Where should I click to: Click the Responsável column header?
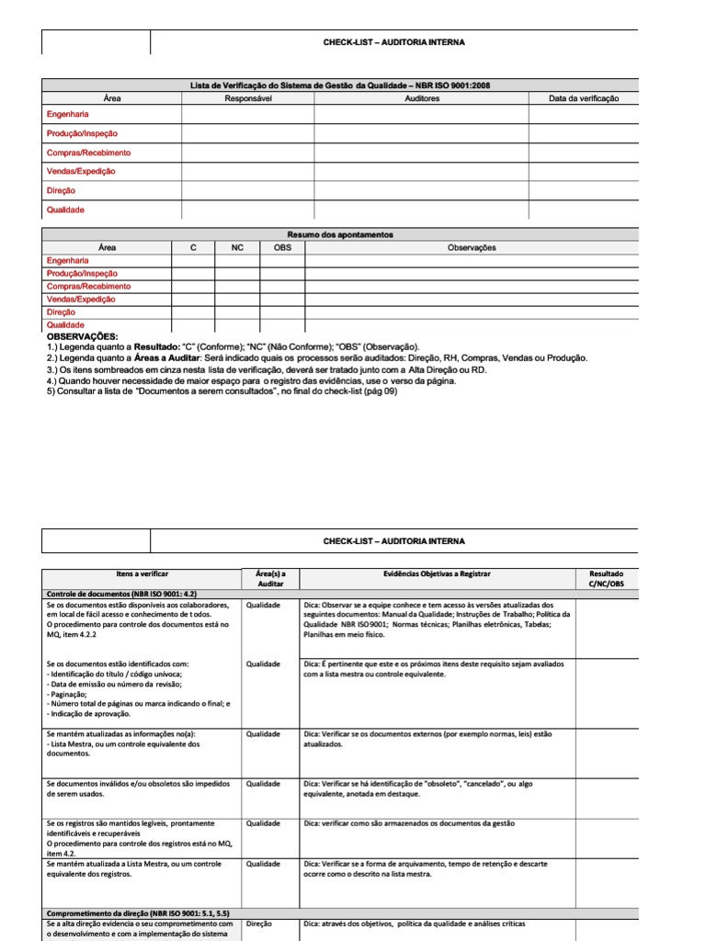click(247, 98)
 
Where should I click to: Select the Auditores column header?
click(421, 98)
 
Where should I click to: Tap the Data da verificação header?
click(584, 98)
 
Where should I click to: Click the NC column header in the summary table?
click(237, 248)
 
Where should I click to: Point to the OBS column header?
click(282, 248)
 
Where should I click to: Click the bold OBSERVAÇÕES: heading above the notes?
click(83, 336)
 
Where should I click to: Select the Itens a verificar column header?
click(142, 573)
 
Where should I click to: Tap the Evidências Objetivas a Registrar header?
click(437, 573)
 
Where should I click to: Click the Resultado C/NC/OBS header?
click(605, 579)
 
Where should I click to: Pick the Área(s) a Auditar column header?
click(270, 579)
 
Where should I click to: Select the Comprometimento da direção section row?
click(136, 913)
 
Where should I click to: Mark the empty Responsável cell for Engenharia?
click(247, 114)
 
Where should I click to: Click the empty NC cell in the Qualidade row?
click(237, 324)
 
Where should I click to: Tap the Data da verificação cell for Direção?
click(584, 190)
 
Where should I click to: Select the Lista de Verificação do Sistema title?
click(339, 85)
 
